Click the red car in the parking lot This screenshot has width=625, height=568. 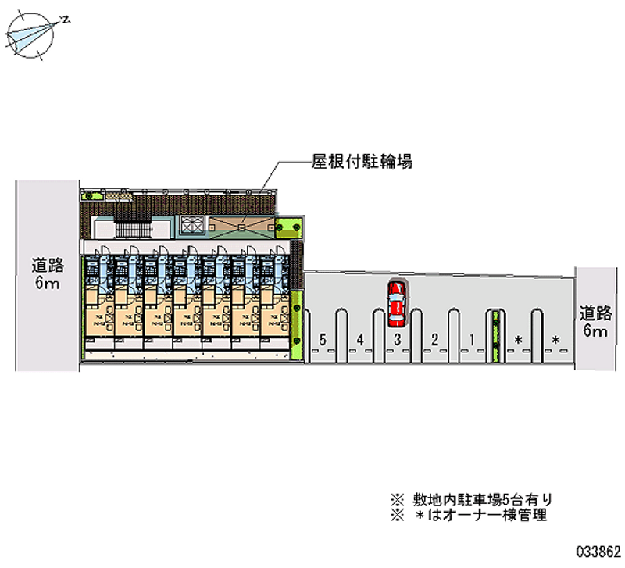coord(396,303)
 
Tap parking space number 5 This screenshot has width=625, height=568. coord(322,340)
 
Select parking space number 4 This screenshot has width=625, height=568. coord(359,340)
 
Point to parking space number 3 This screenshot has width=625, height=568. coord(397,340)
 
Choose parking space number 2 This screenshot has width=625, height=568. coord(434,340)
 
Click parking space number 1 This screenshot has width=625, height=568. coord(472,340)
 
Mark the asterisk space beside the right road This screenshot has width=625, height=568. coord(555,340)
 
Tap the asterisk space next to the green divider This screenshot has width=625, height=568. coord(517,340)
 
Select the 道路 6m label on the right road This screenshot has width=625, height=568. coord(595,320)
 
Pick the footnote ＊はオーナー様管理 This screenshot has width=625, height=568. coord(469,516)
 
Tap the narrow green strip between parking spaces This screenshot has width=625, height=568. coord(496,336)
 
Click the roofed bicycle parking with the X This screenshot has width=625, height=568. coord(241,225)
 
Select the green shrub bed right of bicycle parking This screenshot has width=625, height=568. coord(289,226)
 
